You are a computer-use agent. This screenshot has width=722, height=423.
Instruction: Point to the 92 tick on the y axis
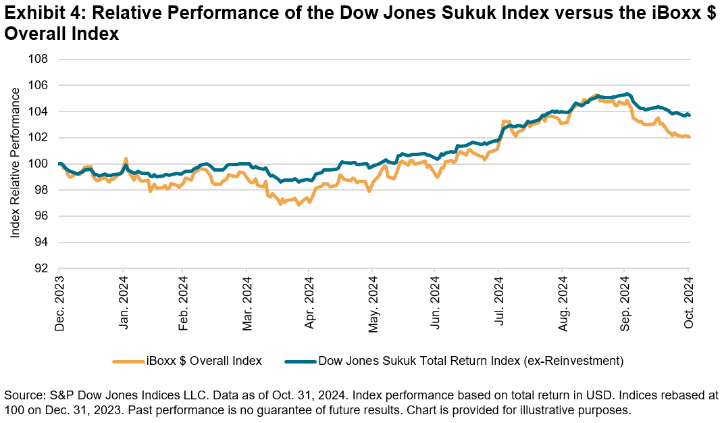(42, 268)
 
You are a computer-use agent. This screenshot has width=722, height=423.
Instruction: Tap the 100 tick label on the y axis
(38, 164)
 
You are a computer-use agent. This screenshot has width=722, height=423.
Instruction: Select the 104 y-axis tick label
(38, 111)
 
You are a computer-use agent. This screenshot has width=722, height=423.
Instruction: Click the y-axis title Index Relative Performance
(16, 163)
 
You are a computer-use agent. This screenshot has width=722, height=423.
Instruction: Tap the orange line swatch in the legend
(128, 362)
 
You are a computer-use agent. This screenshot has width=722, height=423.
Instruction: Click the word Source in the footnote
(22, 395)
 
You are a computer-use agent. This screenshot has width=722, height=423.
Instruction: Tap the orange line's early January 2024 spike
(126, 159)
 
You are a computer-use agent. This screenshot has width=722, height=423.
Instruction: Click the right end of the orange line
(688, 136)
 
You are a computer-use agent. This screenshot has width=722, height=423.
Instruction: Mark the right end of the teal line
(688, 115)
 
